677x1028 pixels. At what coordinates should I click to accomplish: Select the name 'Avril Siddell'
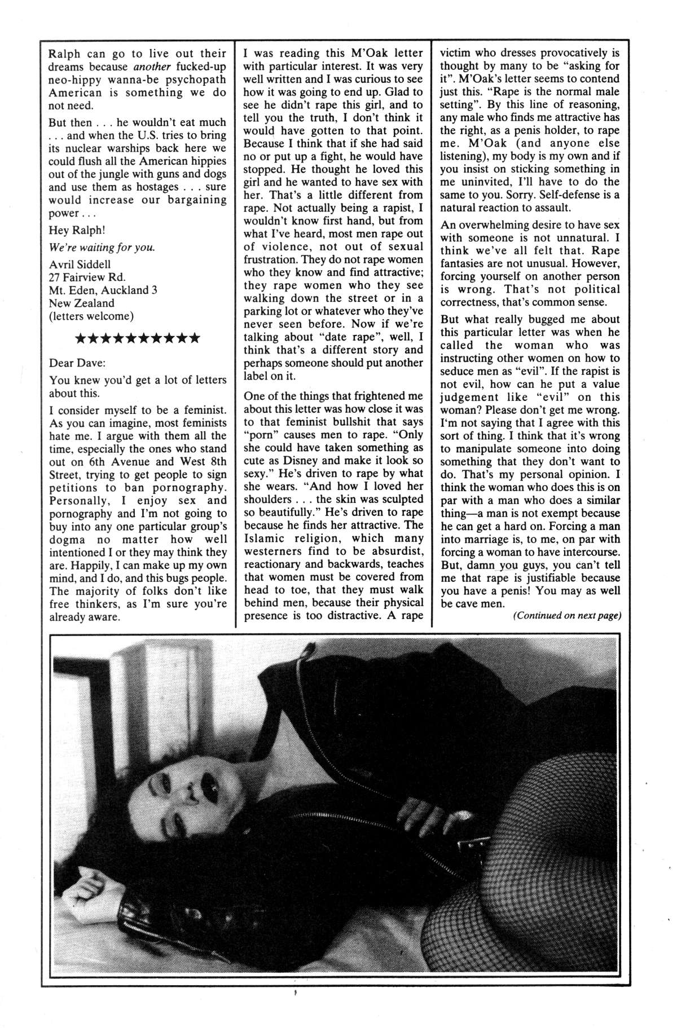pos(80,264)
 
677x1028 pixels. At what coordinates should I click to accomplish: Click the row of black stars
pos(137,338)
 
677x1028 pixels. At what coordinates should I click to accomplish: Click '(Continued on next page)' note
pos(566,615)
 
